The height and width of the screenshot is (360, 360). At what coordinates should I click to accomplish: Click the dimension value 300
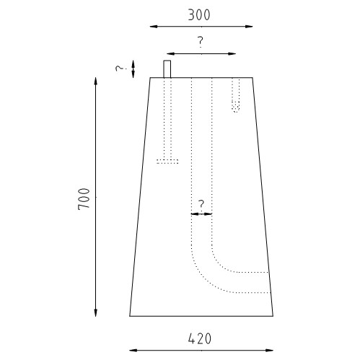[x=201, y=14]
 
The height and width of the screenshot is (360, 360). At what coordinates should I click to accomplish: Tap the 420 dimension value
[x=201, y=338]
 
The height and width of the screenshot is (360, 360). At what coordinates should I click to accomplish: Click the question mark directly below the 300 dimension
[x=201, y=42]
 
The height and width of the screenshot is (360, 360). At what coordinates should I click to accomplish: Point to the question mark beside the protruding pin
[x=120, y=69]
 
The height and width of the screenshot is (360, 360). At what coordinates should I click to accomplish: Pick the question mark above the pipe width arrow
[x=201, y=204]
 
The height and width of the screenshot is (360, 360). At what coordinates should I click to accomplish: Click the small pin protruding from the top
[x=167, y=69]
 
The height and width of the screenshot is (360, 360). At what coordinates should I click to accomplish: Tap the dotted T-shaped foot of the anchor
[x=167, y=161]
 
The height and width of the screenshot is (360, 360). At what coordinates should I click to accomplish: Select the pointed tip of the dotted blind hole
[x=235, y=110]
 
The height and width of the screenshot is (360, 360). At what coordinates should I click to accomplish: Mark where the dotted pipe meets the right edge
[x=269, y=282]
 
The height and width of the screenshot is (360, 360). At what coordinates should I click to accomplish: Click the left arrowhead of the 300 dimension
[x=151, y=27]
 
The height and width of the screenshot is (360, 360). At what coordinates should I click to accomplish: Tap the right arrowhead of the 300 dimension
[x=252, y=27]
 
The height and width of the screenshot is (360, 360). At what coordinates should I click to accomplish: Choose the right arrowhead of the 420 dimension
[x=272, y=348]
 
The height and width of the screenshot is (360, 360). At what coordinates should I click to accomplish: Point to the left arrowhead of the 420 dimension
[x=131, y=348]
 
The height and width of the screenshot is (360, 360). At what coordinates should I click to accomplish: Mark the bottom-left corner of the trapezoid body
[x=130, y=316]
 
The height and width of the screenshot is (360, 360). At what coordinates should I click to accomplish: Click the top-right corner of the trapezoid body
[x=253, y=77]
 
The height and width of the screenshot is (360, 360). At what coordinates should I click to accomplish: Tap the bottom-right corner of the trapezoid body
[x=273, y=316]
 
